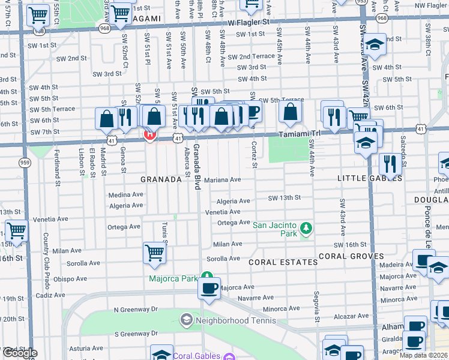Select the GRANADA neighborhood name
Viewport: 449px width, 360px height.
point(161,179)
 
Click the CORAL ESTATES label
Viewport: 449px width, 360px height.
point(283,262)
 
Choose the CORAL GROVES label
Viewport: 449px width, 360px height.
point(351,256)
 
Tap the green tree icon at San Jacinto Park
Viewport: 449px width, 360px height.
point(306,227)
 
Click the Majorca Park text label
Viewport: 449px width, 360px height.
point(173,278)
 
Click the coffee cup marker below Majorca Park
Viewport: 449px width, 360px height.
point(209,289)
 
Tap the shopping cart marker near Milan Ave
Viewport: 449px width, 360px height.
point(154,252)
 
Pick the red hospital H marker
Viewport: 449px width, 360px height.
point(149,134)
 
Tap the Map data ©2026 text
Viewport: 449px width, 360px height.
point(423,355)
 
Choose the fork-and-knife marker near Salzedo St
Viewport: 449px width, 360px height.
point(390,164)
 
